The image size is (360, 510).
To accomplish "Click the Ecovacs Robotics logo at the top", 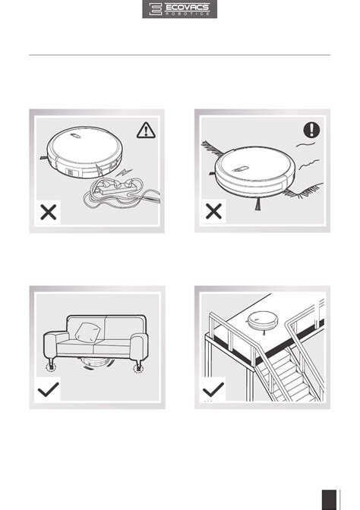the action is point(179,9).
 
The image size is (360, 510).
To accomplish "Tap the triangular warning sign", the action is point(146,130).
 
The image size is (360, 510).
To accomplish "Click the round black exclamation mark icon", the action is point(311,130).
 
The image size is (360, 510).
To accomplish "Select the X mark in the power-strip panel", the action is point(49,212).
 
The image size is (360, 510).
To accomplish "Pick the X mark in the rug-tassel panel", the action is point(214,211).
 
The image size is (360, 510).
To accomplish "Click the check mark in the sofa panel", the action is point(49,389).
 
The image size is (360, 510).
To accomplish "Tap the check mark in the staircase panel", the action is point(213,389).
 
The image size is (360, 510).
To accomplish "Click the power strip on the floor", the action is point(115,187).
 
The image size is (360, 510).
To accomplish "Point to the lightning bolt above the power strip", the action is point(125,172).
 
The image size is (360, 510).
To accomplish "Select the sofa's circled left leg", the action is point(51,367).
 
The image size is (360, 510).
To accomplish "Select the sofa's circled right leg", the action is point(138,368).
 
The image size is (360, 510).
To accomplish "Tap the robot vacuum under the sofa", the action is point(95,362).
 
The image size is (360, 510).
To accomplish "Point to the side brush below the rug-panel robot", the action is point(258,204).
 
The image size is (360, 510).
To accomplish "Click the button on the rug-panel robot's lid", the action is point(241,168).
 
